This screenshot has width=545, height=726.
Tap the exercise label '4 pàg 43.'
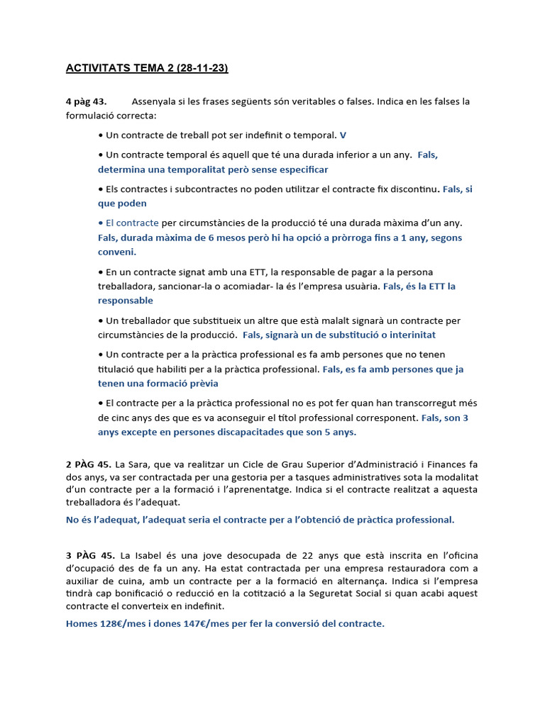(86, 101)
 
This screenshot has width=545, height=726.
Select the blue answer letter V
(343, 135)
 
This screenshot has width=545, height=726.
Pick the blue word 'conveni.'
(117, 252)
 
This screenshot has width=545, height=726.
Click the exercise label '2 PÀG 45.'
(88, 464)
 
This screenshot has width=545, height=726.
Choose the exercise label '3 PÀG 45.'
(88, 554)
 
